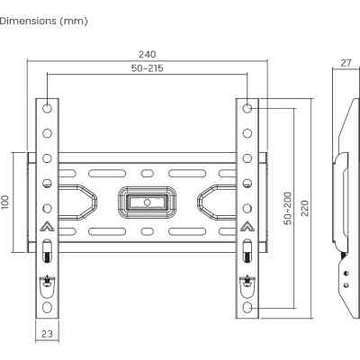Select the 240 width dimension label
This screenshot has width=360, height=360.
pyautogui.click(x=147, y=54)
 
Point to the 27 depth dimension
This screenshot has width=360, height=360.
pyautogui.click(x=345, y=63)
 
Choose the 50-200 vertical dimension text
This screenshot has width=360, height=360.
pyautogui.click(x=287, y=208)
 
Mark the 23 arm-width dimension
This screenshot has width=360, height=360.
pyautogui.click(x=47, y=334)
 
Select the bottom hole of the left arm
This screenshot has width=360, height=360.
pyautogui.click(x=47, y=307)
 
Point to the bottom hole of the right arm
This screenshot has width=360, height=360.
pyautogui.click(x=247, y=307)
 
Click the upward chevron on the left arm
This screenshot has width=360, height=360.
pyautogui.click(x=47, y=226)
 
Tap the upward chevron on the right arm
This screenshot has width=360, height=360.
pyautogui.click(x=247, y=226)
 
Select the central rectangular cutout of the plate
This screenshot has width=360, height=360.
pyautogui.click(x=147, y=199)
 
